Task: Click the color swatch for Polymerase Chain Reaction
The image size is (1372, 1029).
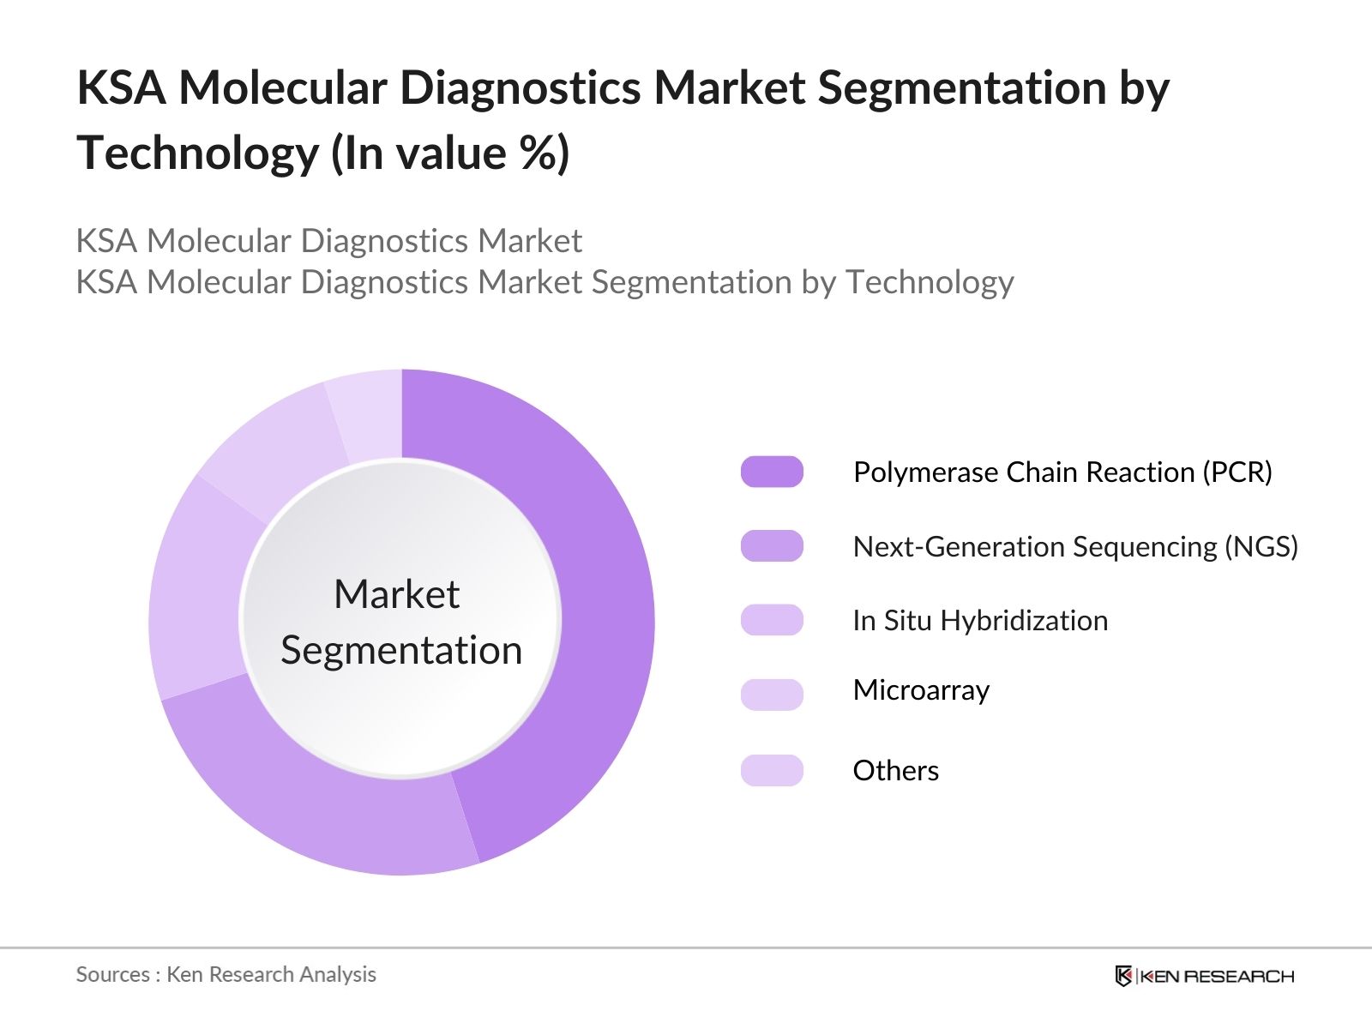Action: coord(772,472)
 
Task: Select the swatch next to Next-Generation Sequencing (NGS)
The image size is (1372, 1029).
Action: coord(772,546)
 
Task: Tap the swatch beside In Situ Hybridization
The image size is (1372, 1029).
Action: coord(772,620)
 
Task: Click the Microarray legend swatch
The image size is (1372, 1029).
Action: coord(772,694)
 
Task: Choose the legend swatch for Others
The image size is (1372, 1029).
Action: coord(772,770)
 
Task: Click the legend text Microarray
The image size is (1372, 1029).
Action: coord(921,690)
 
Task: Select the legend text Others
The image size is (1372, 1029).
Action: coord(895,770)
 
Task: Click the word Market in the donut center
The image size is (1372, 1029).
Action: coord(396,594)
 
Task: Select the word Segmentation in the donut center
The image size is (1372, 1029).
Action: coord(401,650)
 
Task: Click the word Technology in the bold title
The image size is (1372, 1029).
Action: coord(197,154)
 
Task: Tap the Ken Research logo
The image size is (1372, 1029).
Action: coord(1204,976)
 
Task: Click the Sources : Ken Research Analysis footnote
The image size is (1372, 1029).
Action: coord(226,974)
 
